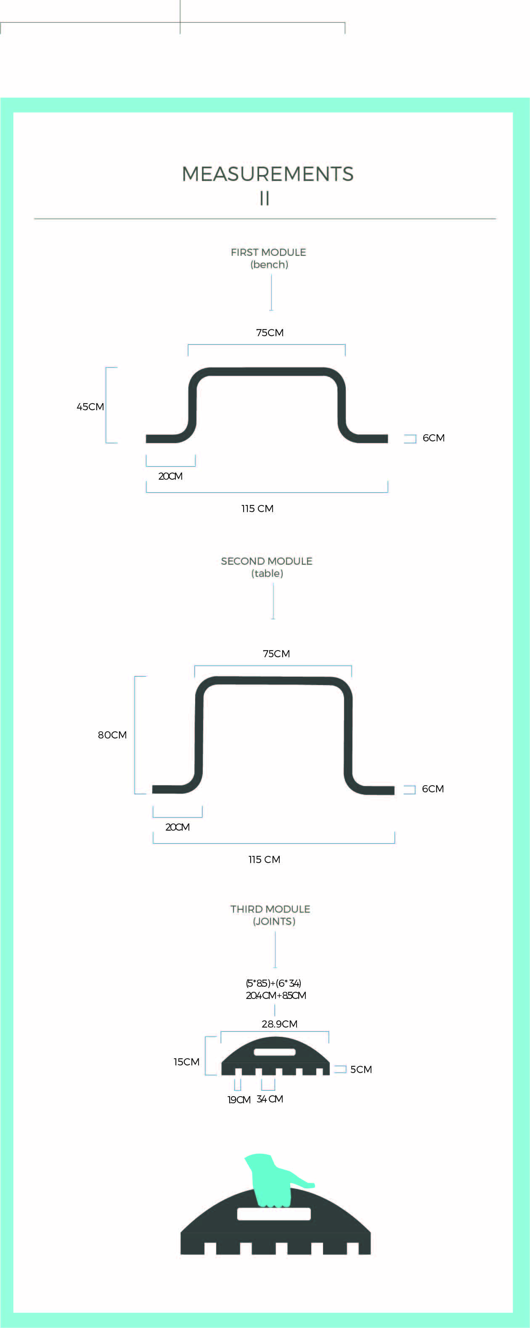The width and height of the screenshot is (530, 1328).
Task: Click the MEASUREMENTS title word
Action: coord(268,174)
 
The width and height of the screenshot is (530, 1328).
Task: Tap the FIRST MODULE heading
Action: coord(268,252)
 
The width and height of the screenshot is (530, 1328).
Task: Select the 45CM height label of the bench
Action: coord(90,407)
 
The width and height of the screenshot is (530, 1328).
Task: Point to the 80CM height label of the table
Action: coord(112,735)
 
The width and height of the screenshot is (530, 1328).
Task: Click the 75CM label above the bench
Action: coord(270,332)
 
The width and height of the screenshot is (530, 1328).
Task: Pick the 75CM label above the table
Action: coord(276,653)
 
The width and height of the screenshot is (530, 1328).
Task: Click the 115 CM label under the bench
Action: coord(257,508)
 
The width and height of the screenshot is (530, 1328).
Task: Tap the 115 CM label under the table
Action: coord(264,859)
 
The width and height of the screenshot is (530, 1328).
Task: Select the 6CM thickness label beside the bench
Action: coord(433,438)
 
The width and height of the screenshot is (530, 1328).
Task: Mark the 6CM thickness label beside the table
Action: coord(432,789)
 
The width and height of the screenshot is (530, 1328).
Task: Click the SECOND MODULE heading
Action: coord(267,561)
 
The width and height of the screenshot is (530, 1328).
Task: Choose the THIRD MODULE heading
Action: coord(270,909)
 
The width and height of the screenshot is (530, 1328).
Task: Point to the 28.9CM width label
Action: coord(279,1024)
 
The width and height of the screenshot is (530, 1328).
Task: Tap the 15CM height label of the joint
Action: coord(186,1062)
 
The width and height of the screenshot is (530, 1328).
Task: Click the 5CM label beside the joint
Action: coord(361,1069)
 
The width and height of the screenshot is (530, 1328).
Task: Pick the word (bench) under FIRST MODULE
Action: coord(269,265)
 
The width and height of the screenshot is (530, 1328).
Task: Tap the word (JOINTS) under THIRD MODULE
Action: coord(274,921)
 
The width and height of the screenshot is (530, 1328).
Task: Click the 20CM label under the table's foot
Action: coord(178,827)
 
